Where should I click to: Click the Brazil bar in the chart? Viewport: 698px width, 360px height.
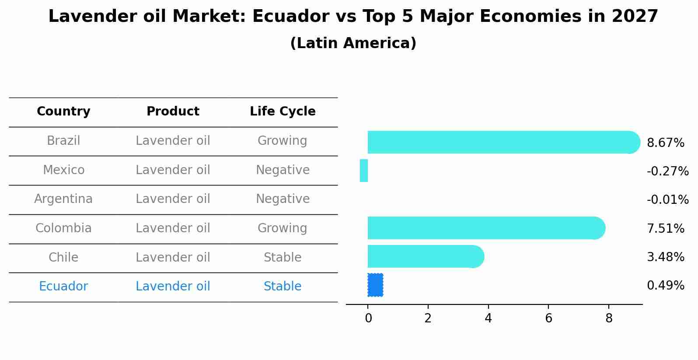(x=504, y=143)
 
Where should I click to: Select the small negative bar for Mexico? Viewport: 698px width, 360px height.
(x=363, y=171)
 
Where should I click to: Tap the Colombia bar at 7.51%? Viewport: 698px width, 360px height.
(x=486, y=228)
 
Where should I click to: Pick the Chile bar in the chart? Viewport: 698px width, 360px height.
(x=426, y=256)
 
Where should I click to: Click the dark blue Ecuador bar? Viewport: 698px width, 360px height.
(x=375, y=285)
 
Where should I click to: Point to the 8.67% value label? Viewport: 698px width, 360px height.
(x=666, y=143)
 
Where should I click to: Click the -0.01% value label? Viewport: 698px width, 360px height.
(x=668, y=199)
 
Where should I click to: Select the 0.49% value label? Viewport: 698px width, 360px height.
(x=666, y=285)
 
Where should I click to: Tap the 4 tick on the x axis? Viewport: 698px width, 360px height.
(x=488, y=318)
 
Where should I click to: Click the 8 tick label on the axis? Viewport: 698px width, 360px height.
(x=609, y=318)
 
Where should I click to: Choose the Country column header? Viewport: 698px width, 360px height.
(x=63, y=111)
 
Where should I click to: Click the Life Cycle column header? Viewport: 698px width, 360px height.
(x=283, y=111)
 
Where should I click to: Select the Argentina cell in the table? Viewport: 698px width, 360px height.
(x=63, y=199)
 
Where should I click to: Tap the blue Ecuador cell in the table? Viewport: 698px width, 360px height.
(x=63, y=286)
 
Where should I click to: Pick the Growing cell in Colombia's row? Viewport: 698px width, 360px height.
(x=283, y=228)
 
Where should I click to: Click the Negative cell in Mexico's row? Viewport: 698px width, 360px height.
(x=283, y=170)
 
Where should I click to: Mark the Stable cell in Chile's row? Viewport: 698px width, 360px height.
(x=283, y=257)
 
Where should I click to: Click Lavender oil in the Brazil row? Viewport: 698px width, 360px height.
(x=173, y=140)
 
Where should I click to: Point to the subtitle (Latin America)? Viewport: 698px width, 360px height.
(x=353, y=43)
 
